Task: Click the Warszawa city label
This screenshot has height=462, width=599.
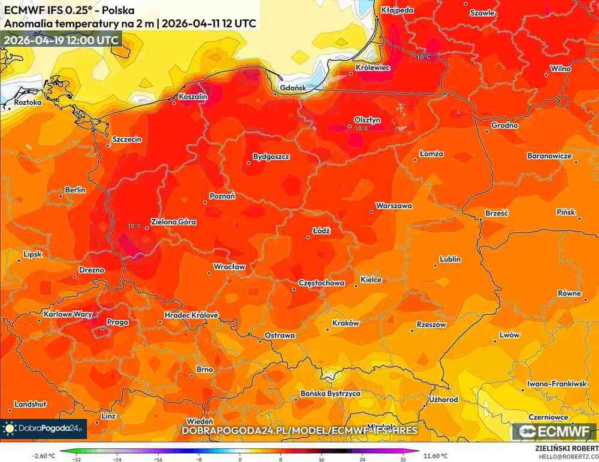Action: [394, 206]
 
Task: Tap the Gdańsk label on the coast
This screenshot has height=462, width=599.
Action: [290, 88]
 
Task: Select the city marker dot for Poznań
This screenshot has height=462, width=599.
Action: [205, 202]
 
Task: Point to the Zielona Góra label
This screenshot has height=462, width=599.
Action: [173, 222]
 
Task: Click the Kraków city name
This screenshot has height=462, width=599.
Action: [345, 323]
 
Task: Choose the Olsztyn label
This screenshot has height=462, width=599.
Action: [367, 120]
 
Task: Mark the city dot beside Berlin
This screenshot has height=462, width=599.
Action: [60, 196]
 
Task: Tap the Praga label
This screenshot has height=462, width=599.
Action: [117, 322]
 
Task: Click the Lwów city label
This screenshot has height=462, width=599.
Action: [509, 335]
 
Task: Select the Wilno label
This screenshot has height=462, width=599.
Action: [561, 68]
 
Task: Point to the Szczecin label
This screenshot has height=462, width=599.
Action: [127, 139]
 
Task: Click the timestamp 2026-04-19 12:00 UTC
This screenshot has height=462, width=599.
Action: [60, 39]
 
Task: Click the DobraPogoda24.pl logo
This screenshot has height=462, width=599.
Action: [44, 428]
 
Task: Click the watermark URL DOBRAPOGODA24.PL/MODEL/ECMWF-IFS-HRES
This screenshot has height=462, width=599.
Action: [299, 431]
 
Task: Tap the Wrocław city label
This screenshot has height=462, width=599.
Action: [230, 267]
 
